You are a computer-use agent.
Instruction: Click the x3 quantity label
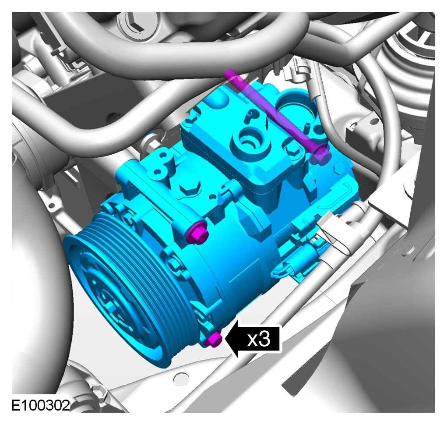(259, 339)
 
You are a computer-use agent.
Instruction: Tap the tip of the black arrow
(225, 339)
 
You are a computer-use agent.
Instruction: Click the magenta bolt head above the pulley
(197, 233)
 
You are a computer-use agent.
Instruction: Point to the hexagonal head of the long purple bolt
(321, 154)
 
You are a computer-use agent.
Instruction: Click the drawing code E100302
(41, 405)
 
